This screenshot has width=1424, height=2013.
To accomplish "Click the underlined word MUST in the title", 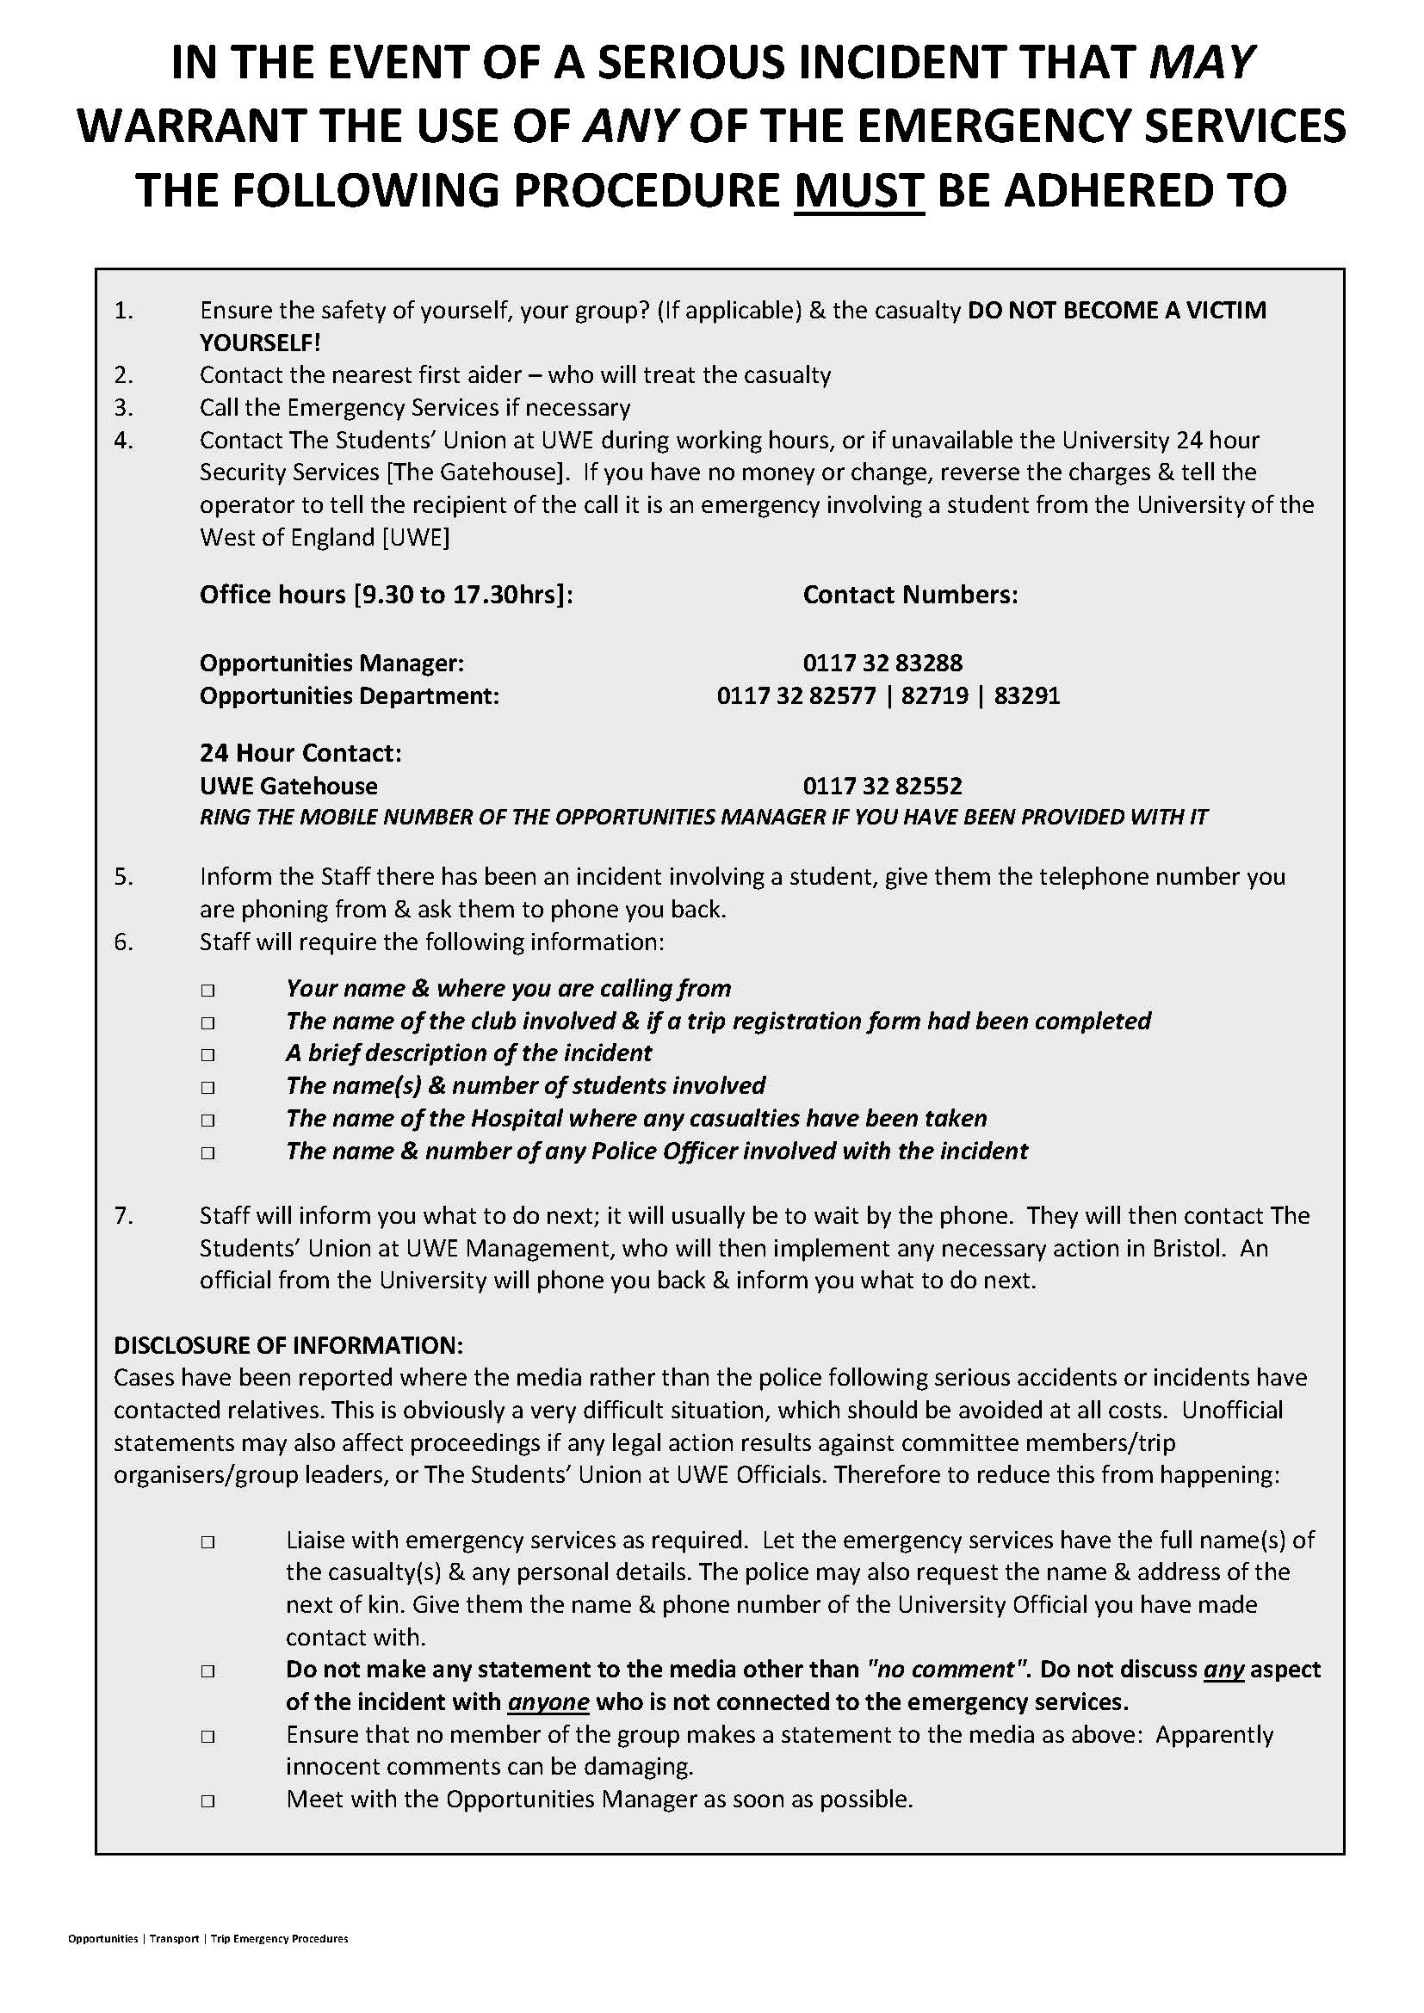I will (x=858, y=190).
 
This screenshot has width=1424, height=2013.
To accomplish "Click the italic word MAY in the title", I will (x=1201, y=62).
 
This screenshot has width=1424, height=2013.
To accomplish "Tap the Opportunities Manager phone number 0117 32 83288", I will (x=882, y=663).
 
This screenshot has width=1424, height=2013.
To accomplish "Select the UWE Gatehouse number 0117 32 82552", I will (x=882, y=786).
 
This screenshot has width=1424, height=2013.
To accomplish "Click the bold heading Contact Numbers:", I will (x=910, y=596).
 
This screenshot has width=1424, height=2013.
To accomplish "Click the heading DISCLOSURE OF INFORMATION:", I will (x=288, y=1345).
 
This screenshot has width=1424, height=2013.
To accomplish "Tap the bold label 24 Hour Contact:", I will (x=300, y=753).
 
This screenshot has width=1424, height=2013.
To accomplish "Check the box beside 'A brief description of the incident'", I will (x=207, y=1055).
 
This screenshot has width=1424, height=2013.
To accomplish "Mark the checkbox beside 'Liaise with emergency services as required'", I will (x=207, y=1542).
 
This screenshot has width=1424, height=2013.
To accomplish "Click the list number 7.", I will (x=123, y=1216).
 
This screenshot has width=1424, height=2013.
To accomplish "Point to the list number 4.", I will (x=123, y=440).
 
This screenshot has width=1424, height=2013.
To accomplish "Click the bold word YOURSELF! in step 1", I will (x=260, y=343).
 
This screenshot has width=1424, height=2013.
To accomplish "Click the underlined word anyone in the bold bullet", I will (x=548, y=1702).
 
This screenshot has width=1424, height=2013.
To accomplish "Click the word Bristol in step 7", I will (x=1186, y=1249).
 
